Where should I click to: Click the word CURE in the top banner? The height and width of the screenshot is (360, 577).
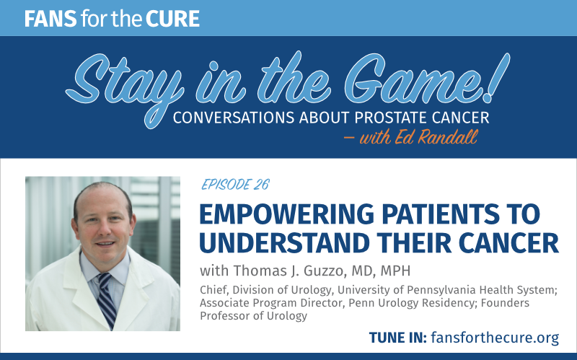tap(172, 19)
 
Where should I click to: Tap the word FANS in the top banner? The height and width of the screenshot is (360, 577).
tap(50, 19)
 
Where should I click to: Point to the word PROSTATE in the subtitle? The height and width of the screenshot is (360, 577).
tap(390, 118)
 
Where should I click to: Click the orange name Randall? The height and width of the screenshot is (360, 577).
tap(447, 137)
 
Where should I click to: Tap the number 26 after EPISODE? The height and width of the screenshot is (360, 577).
tap(262, 184)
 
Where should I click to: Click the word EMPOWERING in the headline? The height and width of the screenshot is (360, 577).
tap(287, 214)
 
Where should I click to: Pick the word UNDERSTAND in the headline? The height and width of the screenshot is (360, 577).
tap(284, 243)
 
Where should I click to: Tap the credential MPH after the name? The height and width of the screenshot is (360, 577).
tap(395, 271)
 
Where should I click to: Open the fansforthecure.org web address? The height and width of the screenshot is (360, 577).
tap(495, 338)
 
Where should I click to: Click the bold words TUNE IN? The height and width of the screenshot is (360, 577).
tap(398, 338)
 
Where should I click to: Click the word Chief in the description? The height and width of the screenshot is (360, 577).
tap(213, 290)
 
